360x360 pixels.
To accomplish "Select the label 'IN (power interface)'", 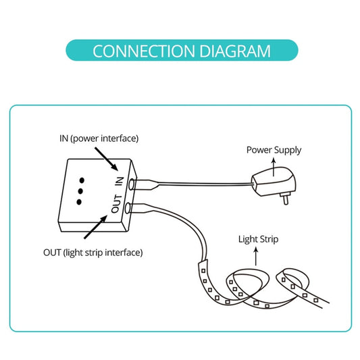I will [x=99, y=138].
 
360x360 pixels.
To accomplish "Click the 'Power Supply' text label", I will [x=274, y=150].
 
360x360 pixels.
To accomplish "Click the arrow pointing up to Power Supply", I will [x=274, y=163].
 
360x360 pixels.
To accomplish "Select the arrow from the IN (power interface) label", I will [x=109, y=157].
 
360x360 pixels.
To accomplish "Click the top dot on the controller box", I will [x=82, y=181].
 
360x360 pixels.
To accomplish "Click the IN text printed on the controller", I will [x=120, y=182].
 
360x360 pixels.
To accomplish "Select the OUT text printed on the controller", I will [x=115, y=205].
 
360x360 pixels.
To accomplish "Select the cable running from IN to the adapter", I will [x=203, y=182].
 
